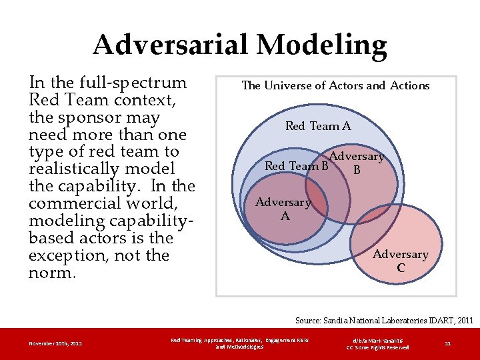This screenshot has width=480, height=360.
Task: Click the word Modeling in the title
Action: click(321, 45)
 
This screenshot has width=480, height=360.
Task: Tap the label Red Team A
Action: click(318, 126)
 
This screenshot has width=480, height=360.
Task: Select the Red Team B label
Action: click(297, 166)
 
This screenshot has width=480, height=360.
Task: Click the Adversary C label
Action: click(401, 261)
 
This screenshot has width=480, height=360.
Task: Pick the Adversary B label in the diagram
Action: click(357, 163)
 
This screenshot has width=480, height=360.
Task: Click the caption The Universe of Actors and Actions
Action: click(335, 85)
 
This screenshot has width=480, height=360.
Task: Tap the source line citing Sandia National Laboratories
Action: click(384, 321)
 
